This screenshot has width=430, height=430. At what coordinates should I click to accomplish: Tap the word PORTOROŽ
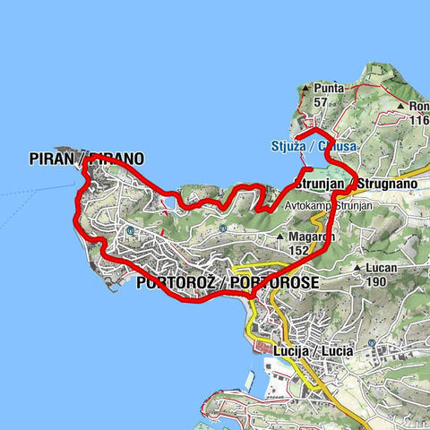pyautogui.click(x=178, y=284)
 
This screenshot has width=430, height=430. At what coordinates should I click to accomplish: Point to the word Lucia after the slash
pyautogui.click(x=338, y=348)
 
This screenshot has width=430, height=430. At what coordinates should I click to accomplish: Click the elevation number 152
pyautogui.click(x=301, y=250)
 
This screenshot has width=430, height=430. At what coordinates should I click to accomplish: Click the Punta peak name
pyautogui.click(x=328, y=88)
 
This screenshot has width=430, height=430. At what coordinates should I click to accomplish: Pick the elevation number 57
pyautogui.click(x=320, y=102)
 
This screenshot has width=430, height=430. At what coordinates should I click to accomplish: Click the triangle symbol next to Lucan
pyautogui.click(x=357, y=268)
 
